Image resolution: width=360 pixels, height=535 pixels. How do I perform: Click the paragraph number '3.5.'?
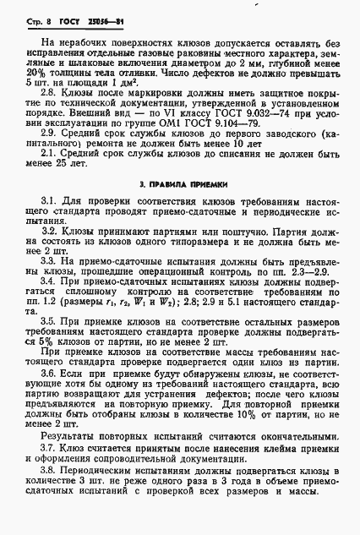pos(51,323)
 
